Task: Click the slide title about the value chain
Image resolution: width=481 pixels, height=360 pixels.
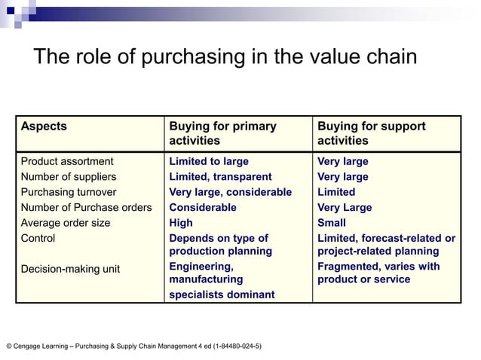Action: (x=224, y=58)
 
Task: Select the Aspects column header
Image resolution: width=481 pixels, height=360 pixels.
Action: (x=44, y=127)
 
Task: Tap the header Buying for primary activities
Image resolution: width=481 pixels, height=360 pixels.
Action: (x=222, y=133)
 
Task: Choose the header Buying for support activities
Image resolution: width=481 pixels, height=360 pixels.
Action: (x=371, y=133)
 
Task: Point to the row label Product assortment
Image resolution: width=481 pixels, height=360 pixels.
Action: (x=67, y=161)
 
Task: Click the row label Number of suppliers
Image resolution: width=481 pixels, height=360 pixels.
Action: (x=69, y=177)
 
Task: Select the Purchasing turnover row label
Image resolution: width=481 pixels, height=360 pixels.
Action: (x=69, y=192)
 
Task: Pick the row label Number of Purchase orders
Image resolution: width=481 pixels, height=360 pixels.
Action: (x=86, y=207)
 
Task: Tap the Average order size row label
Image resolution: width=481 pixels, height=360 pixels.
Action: (x=66, y=223)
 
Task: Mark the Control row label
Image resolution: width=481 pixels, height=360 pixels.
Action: (x=38, y=238)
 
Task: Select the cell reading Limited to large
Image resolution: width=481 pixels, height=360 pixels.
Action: (x=209, y=161)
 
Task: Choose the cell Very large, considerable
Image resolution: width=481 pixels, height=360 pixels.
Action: (x=230, y=192)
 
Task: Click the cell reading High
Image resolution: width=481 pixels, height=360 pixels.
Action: (x=181, y=223)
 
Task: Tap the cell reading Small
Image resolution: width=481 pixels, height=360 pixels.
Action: (x=332, y=223)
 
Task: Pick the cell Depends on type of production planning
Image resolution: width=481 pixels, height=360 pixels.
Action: (x=220, y=245)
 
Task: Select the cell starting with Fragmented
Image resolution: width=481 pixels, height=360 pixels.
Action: (x=378, y=273)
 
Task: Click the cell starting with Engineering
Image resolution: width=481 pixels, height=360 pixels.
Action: (x=222, y=280)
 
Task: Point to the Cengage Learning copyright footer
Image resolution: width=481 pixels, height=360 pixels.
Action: (x=134, y=346)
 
